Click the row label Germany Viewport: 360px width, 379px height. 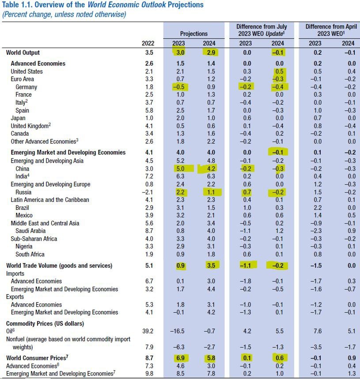26,87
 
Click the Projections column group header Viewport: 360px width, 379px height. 193,34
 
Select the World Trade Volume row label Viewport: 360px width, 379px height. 59,265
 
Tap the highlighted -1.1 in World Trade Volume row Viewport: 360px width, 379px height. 246,265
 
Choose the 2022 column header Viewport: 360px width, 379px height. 148,43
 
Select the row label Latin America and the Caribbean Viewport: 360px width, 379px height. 49,200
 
